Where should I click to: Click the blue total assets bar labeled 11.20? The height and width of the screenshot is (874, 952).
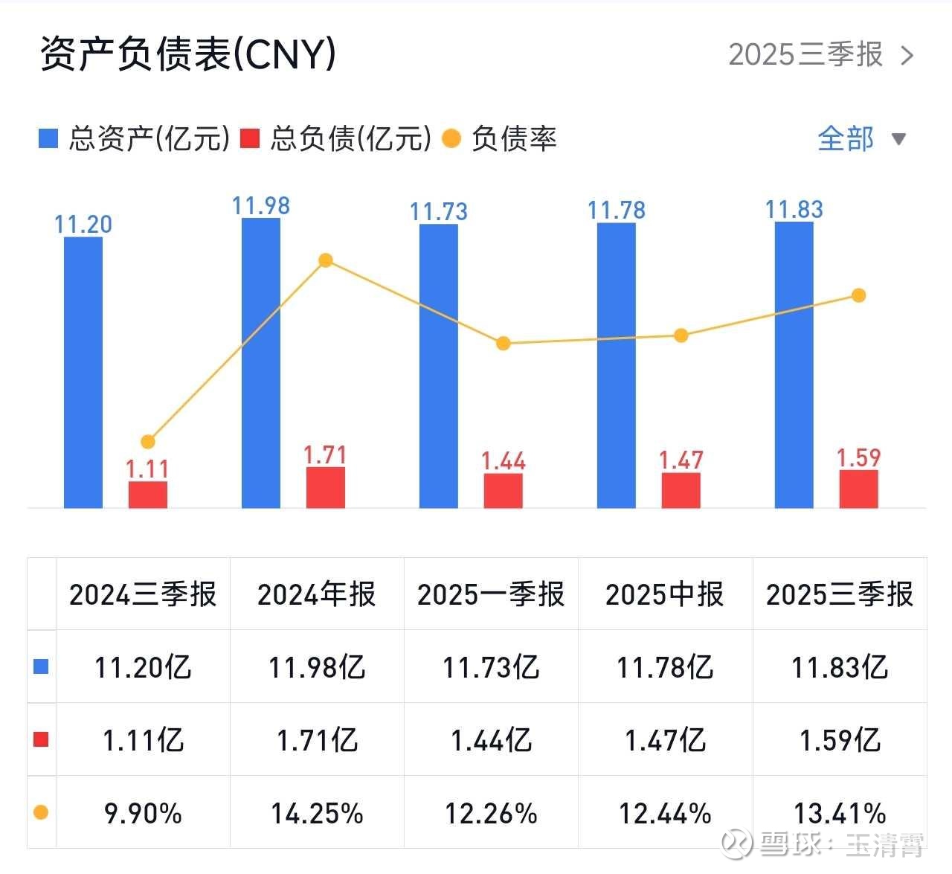pyautogui.click(x=83, y=372)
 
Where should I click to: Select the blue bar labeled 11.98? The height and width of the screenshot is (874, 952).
pyautogui.click(x=261, y=363)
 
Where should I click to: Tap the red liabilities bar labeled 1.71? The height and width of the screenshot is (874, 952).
pyautogui.click(x=326, y=487)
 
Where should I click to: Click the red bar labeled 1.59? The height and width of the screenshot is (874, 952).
pyautogui.click(x=859, y=489)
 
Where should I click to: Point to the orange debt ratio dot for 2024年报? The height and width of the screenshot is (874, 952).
pyautogui.click(x=325, y=260)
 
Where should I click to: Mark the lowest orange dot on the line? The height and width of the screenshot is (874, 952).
pyautogui.click(x=148, y=442)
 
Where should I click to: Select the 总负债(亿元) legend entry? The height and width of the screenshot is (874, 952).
pyautogui.click(x=337, y=139)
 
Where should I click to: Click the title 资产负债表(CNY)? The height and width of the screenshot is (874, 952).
pyautogui.click(x=188, y=54)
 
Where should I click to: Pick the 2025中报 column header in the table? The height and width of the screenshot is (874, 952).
pyautogui.click(x=665, y=594)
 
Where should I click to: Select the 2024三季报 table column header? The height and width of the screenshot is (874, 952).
pyautogui.click(x=143, y=594)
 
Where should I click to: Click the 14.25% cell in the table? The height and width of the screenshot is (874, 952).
pyautogui.click(x=317, y=813)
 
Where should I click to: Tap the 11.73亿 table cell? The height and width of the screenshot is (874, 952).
pyautogui.click(x=491, y=667)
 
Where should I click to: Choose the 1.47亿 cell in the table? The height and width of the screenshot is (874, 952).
pyautogui.click(x=665, y=740)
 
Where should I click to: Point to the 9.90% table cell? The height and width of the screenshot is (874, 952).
pyautogui.click(x=143, y=813)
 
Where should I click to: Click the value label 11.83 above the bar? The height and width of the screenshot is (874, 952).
pyautogui.click(x=794, y=210)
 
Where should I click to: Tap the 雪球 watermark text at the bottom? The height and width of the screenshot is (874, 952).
pyautogui.click(x=791, y=844)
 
